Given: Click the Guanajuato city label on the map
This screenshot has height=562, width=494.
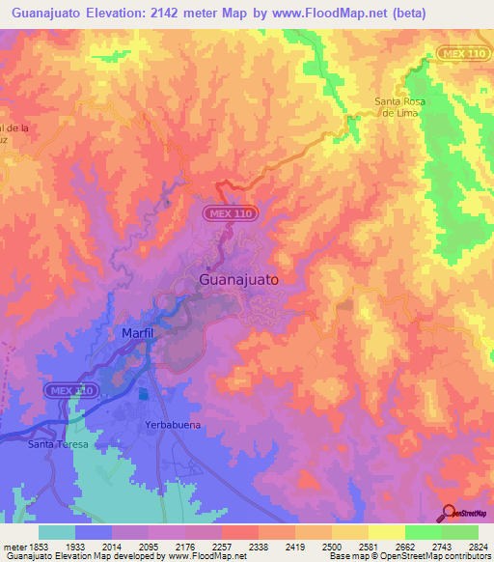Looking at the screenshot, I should (x=238, y=279).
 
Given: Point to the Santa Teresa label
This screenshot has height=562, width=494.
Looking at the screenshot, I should (x=58, y=444).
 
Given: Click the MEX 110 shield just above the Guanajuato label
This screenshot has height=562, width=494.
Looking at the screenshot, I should (x=229, y=213).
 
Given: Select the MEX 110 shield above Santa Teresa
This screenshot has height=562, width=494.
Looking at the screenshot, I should (x=71, y=390).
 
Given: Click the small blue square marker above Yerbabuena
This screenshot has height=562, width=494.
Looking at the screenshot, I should (x=144, y=394).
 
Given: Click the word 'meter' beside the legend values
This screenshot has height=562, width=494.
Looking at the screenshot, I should (x=14, y=547).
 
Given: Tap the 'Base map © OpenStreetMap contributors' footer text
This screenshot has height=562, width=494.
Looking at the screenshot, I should (x=409, y=556).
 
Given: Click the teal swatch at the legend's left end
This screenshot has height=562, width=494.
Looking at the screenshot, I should (x=57, y=532).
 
